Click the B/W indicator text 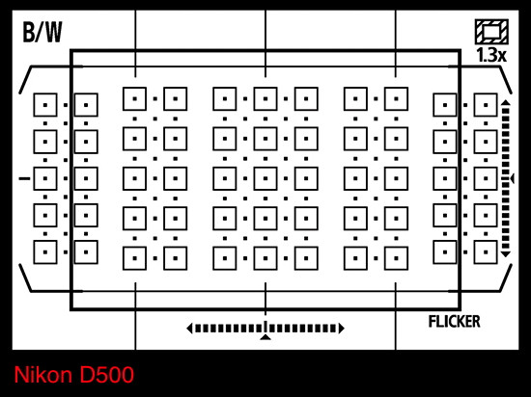click(x=42, y=33)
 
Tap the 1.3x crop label click(x=491, y=55)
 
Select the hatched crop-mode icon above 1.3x click(x=491, y=32)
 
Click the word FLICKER click(x=454, y=322)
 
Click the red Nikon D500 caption click(x=73, y=375)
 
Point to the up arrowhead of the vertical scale click(x=506, y=102)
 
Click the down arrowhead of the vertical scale click(x=506, y=254)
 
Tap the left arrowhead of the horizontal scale click(x=189, y=328)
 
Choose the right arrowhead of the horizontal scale click(x=342, y=328)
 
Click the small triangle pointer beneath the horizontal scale click(x=265, y=337)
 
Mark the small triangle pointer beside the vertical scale click(x=512, y=178)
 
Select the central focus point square click(x=265, y=178)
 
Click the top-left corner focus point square click(x=45, y=105)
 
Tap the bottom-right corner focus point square click(x=486, y=252)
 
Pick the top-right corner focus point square click(x=486, y=105)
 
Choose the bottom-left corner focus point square click(x=45, y=252)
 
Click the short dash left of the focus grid click(x=24, y=178)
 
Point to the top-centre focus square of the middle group click(x=265, y=99)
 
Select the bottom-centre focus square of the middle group click(x=265, y=258)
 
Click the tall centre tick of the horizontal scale click(x=265, y=327)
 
